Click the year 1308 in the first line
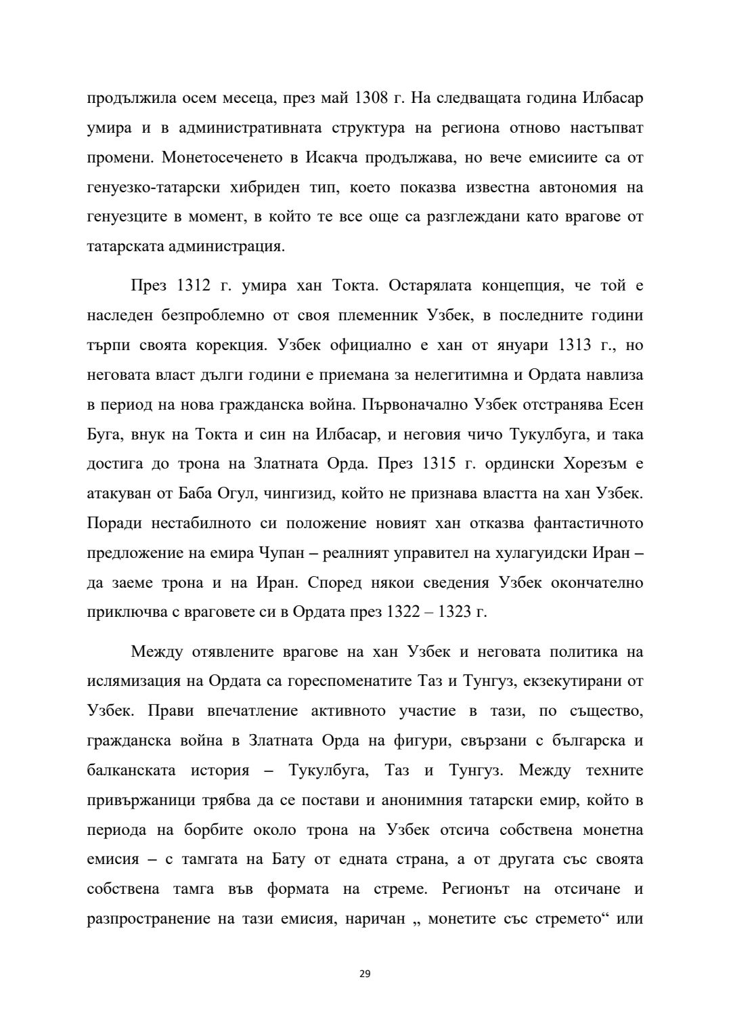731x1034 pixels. [x=372, y=98]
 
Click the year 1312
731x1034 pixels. [x=195, y=286]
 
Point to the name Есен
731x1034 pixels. [x=626, y=405]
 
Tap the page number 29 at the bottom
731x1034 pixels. [x=365, y=974]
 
